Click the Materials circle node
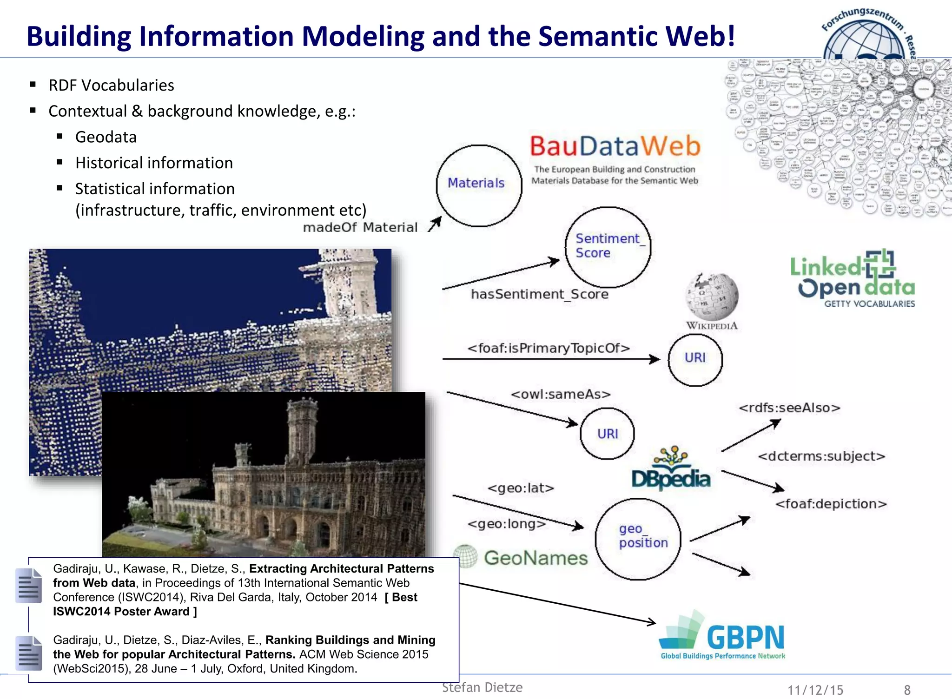pyautogui.click(x=478, y=185)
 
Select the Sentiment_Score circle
pyautogui.click(x=608, y=247)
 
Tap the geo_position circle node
pyautogui.click(x=638, y=539)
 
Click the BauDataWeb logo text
pyautogui.click(x=615, y=146)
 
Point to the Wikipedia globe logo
pyautogui.click(x=712, y=296)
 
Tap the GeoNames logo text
pyautogui.click(x=535, y=558)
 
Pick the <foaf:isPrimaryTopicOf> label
pyautogui.click(x=549, y=348)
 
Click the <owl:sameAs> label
pyautogui.click(x=561, y=394)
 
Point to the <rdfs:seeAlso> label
pyautogui.click(x=789, y=408)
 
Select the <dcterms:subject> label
pyautogui.click(x=821, y=456)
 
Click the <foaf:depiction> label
pyautogui.click(x=831, y=504)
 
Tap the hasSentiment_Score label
pyautogui.click(x=539, y=294)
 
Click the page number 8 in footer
pyautogui.click(x=907, y=690)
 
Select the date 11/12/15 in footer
pyautogui.click(x=815, y=690)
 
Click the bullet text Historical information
pyautogui.click(x=154, y=163)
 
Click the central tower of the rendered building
pyautogui.click(x=302, y=432)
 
